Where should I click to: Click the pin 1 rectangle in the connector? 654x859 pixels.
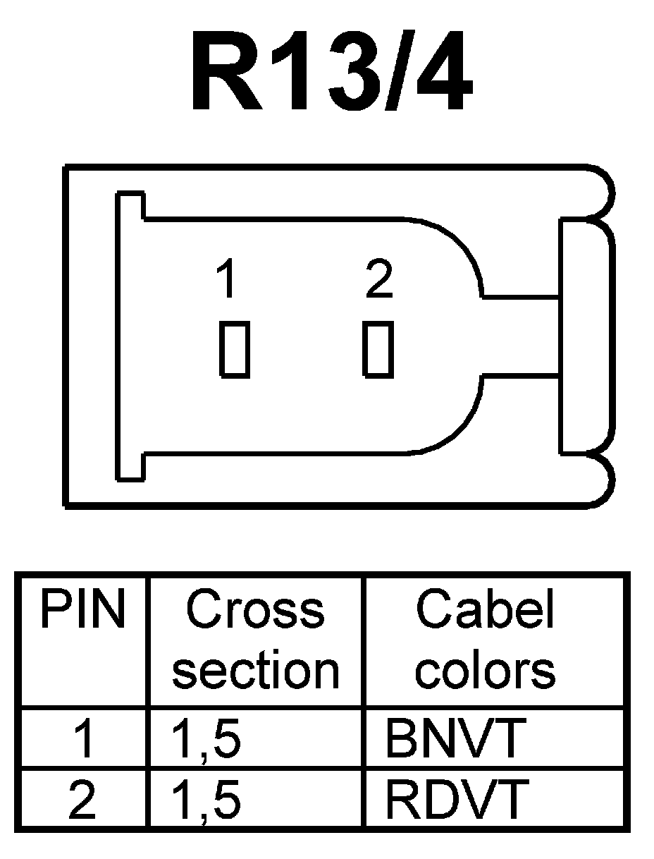pos(235,348)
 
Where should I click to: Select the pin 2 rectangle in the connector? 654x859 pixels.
pos(378,348)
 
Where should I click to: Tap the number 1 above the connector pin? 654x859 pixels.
pos(226,280)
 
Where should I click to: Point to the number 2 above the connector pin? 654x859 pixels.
pos(379,280)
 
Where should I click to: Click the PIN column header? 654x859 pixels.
pos(82,610)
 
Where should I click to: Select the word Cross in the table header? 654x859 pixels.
pos(255,610)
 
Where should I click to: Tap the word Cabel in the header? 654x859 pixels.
pos(486,610)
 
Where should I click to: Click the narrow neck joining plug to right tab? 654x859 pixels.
pos(522,336)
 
